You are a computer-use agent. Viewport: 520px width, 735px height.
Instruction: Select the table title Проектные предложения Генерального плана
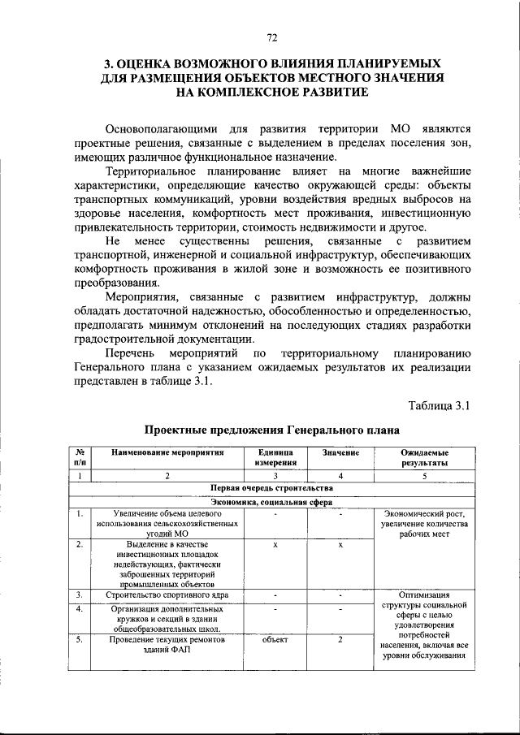click(x=271, y=430)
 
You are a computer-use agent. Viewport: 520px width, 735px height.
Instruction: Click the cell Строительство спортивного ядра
click(x=167, y=595)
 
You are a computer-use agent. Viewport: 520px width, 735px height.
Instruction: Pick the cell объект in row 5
click(x=275, y=640)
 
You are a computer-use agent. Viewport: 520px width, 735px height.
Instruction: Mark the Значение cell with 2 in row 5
click(x=340, y=640)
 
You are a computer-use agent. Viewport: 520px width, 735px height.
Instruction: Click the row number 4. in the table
click(x=80, y=608)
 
